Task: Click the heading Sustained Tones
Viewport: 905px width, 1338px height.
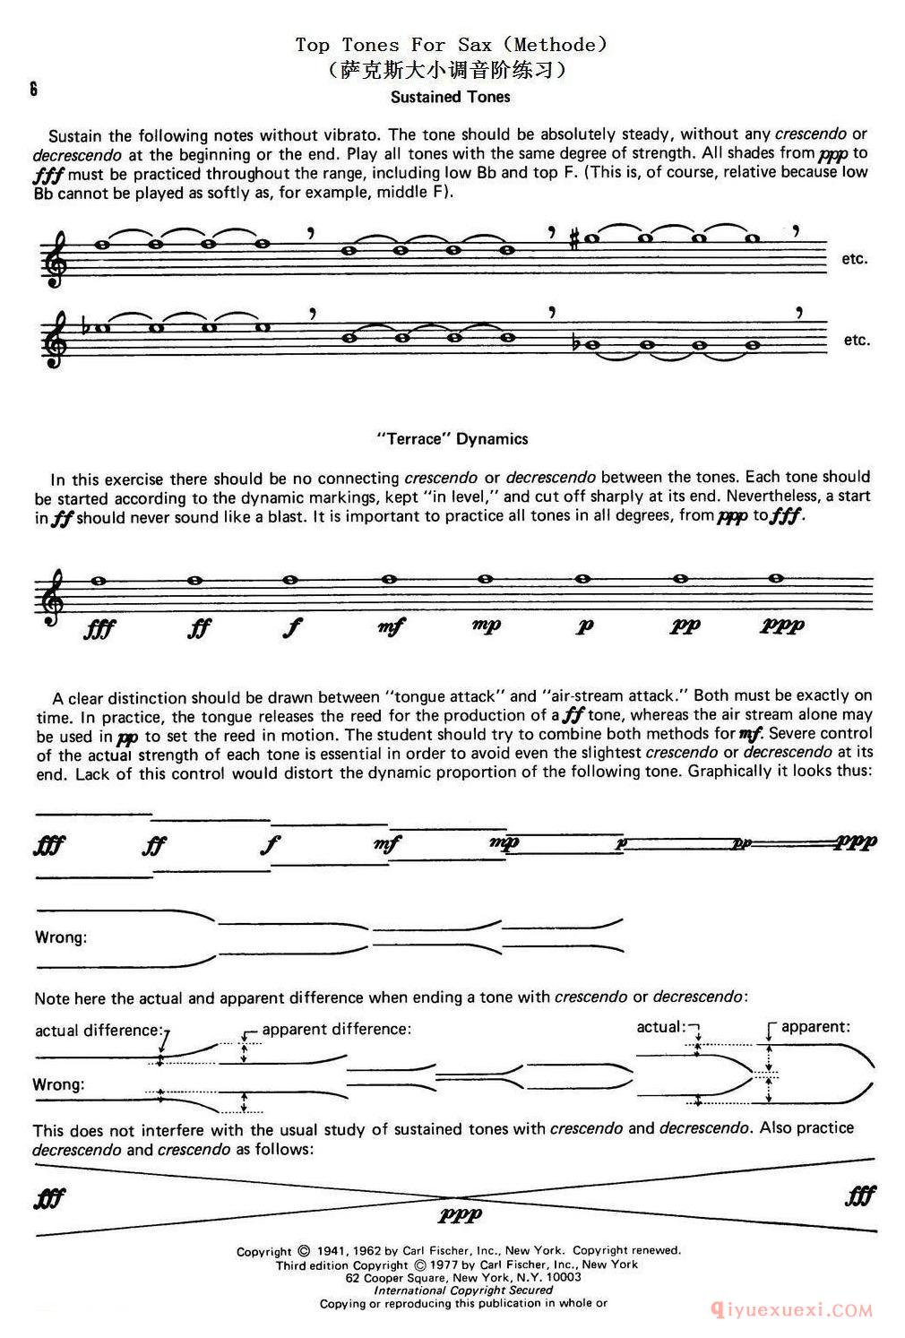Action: coord(451,97)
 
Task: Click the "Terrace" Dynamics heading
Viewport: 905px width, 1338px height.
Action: coord(452,439)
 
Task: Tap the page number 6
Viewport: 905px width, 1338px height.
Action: coord(32,90)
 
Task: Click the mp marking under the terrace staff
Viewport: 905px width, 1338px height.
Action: coord(487,625)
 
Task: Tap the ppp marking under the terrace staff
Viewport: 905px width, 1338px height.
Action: coord(782,625)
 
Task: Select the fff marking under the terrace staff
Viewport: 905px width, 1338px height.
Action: coord(99,628)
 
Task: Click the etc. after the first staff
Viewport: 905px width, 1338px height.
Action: coord(854,259)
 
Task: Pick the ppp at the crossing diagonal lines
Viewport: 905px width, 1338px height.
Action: coord(461,1214)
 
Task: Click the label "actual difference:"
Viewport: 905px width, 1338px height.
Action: coord(99,1030)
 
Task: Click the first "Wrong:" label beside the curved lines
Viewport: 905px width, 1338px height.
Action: coord(61,937)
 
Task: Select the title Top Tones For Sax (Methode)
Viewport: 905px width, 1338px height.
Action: coord(452,44)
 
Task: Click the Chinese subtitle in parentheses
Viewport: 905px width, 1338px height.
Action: coord(452,68)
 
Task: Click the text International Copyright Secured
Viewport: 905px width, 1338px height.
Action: coord(463,1290)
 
